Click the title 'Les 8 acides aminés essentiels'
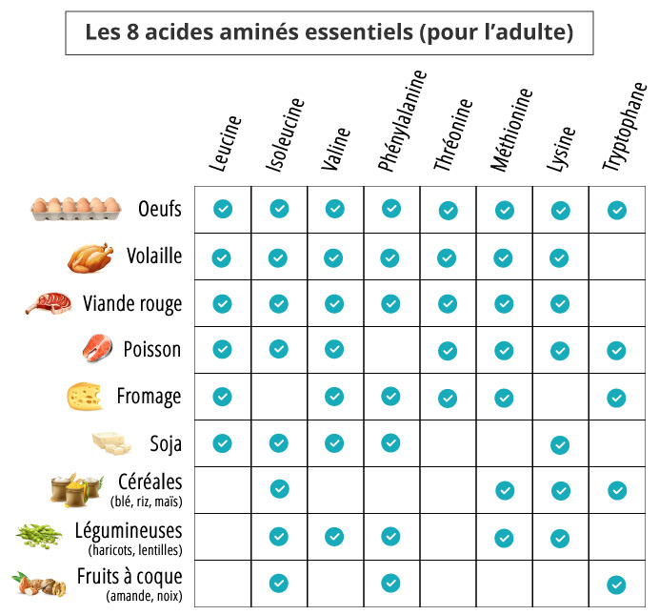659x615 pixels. [x=329, y=34]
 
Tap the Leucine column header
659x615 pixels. [x=225, y=145]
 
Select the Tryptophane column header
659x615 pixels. [x=625, y=128]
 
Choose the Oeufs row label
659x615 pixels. [x=159, y=208]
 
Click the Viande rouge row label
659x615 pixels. [x=132, y=303]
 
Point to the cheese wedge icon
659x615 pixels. [x=84, y=396]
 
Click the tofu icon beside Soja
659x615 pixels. [x=109, y=443]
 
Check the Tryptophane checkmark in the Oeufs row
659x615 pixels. [x=616, y=210]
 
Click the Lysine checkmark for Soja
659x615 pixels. [x=560, y=444]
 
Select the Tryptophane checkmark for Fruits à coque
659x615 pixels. [x=616, y=584]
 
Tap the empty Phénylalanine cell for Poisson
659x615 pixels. [x=390, y=350]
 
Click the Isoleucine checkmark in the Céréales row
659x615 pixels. [x=279, y=490]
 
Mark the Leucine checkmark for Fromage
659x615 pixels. [x=222, y=397]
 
